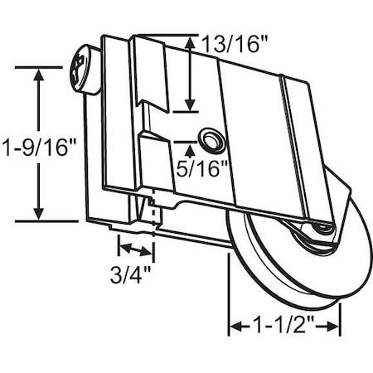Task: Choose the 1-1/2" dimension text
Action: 284,327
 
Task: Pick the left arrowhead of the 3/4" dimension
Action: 122,248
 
